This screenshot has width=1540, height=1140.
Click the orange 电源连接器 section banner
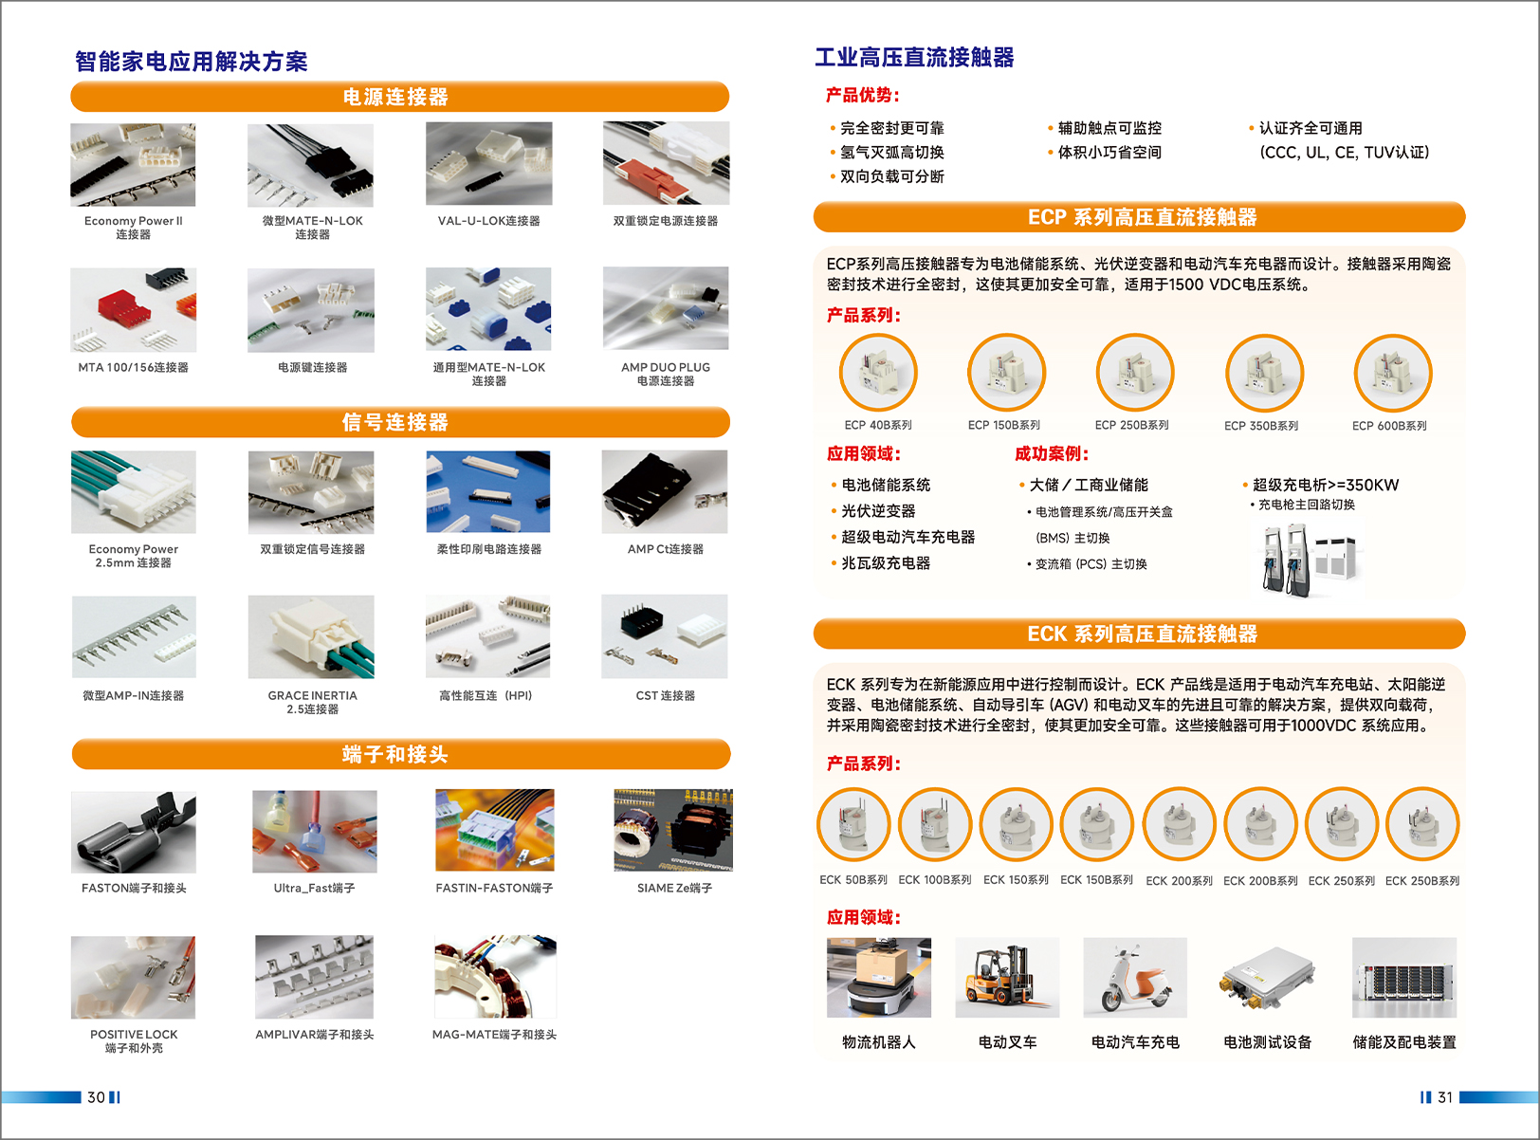(x=400, y=97)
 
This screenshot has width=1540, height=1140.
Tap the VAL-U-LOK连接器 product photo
(x=488, y=164)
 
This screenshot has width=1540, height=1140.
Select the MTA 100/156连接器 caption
(x=134, y=367)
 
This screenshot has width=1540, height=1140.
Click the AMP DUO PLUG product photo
(x=666, y=308)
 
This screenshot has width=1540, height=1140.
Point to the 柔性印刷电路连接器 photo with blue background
(x=488, y=492)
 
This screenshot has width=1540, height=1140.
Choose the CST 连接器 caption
(x=665, y=695)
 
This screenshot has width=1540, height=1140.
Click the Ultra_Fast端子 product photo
(x=315, y=832)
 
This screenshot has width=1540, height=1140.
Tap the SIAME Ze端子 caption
(x=674, y=888)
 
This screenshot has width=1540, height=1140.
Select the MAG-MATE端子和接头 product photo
(x=495, y=977)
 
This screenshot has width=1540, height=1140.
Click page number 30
(x=96, y=1097)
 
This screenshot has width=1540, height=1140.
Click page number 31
(x=1445, y=1097)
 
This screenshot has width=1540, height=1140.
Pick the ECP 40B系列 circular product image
(x=878, y=373)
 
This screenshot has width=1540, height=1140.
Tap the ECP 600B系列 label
(x=1389, y=426)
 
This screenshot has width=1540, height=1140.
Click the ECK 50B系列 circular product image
(x=853, y=824)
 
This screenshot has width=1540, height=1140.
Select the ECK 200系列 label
(x=1179, y=881)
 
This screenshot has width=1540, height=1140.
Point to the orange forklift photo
(x=1007, y=978)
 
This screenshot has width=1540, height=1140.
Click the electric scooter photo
(x=1135, y=978)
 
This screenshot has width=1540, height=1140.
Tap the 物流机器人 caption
(x=879, y=1042)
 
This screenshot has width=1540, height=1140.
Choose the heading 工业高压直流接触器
(x=914, y=57)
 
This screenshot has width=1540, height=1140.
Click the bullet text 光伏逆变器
(x=878, y=511)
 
